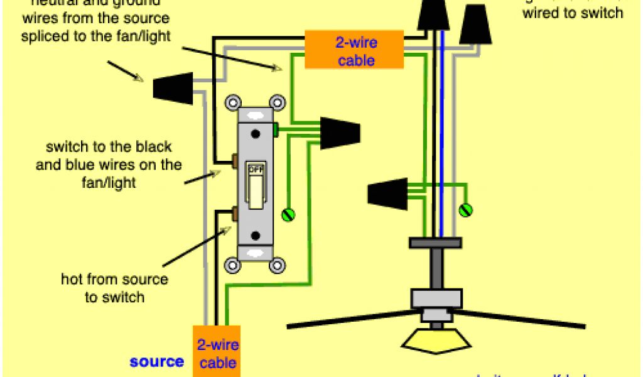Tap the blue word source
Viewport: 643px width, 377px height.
157,361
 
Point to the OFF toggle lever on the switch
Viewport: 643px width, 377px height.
256,190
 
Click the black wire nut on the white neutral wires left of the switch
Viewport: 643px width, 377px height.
173,87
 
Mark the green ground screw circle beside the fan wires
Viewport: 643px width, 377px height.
465,210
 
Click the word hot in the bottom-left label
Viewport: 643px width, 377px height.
72,279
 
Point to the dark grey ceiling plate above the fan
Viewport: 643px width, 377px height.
435,242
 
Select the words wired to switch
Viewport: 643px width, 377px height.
573,13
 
